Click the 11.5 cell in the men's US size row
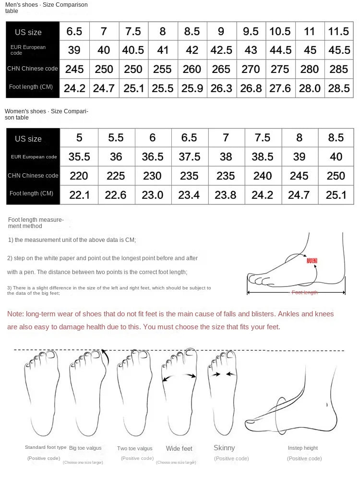[x=338, y=32]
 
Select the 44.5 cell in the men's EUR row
[x=280, y=50]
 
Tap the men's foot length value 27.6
[x=280, y=88]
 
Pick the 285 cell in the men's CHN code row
[x=338, y=69]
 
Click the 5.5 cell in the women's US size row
[x=116, y=138]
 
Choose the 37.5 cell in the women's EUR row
[x=189, y=156]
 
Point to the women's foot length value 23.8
[x=226, y=194]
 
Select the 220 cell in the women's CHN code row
[x=79, y=176]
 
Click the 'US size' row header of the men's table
[x=28, y=32]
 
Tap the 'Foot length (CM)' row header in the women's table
[x=31, y=193]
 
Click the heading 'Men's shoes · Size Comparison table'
[x=46, y=7]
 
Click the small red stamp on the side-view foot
[x=312, y=261]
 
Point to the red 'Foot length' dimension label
[x=305, y=292]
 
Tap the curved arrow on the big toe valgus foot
[x=104, y=357]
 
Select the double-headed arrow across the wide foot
[x=180, y=377]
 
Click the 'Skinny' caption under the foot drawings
[x=224, y=448]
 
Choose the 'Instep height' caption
[x=303, y=448]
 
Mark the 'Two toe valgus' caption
[x=134, y=448]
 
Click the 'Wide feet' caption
[x=179, y=448]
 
